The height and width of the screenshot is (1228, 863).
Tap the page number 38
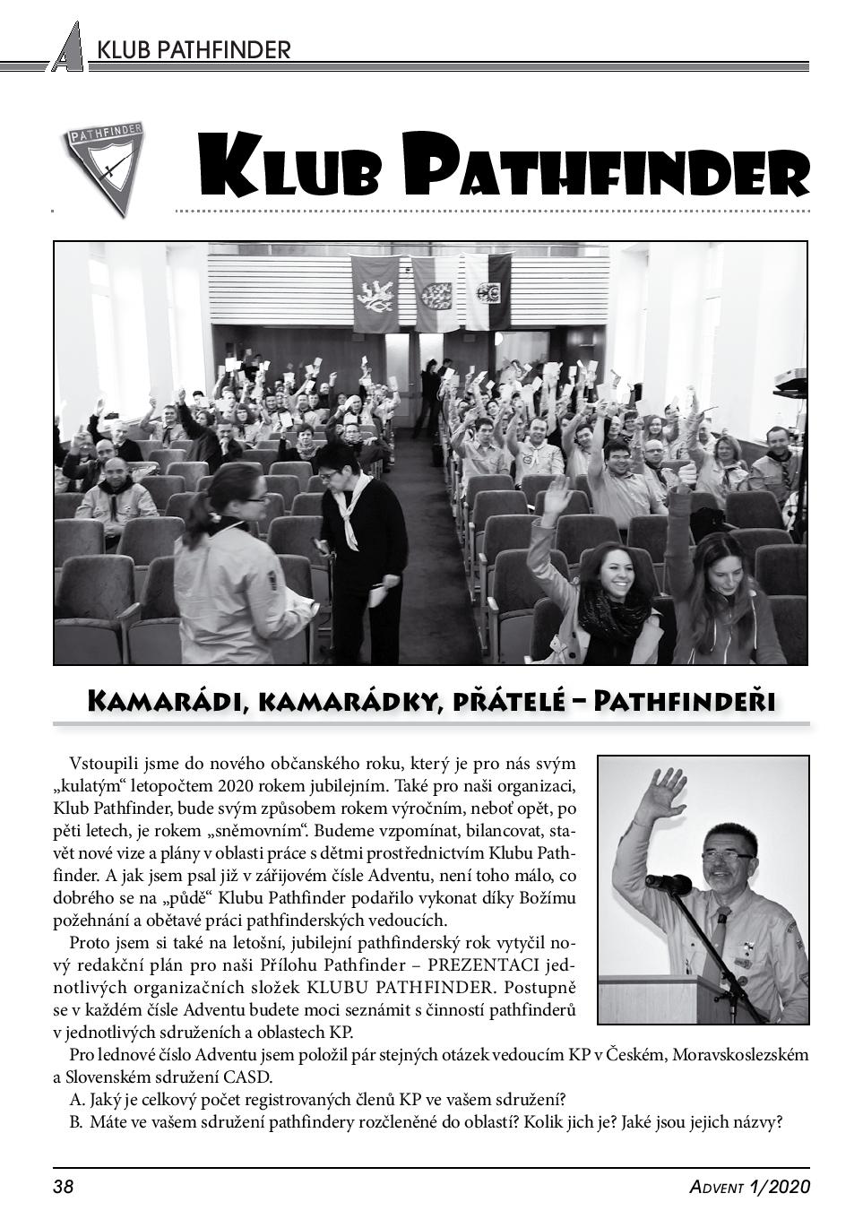(x=63, y=1188)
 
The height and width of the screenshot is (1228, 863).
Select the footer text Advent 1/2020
(x=749, y=1188)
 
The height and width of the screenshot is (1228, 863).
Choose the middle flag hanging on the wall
(x=436, y=291)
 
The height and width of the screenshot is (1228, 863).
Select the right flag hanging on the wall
(x=488, y=291)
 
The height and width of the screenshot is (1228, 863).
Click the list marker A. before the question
(x=76, y=1100)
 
